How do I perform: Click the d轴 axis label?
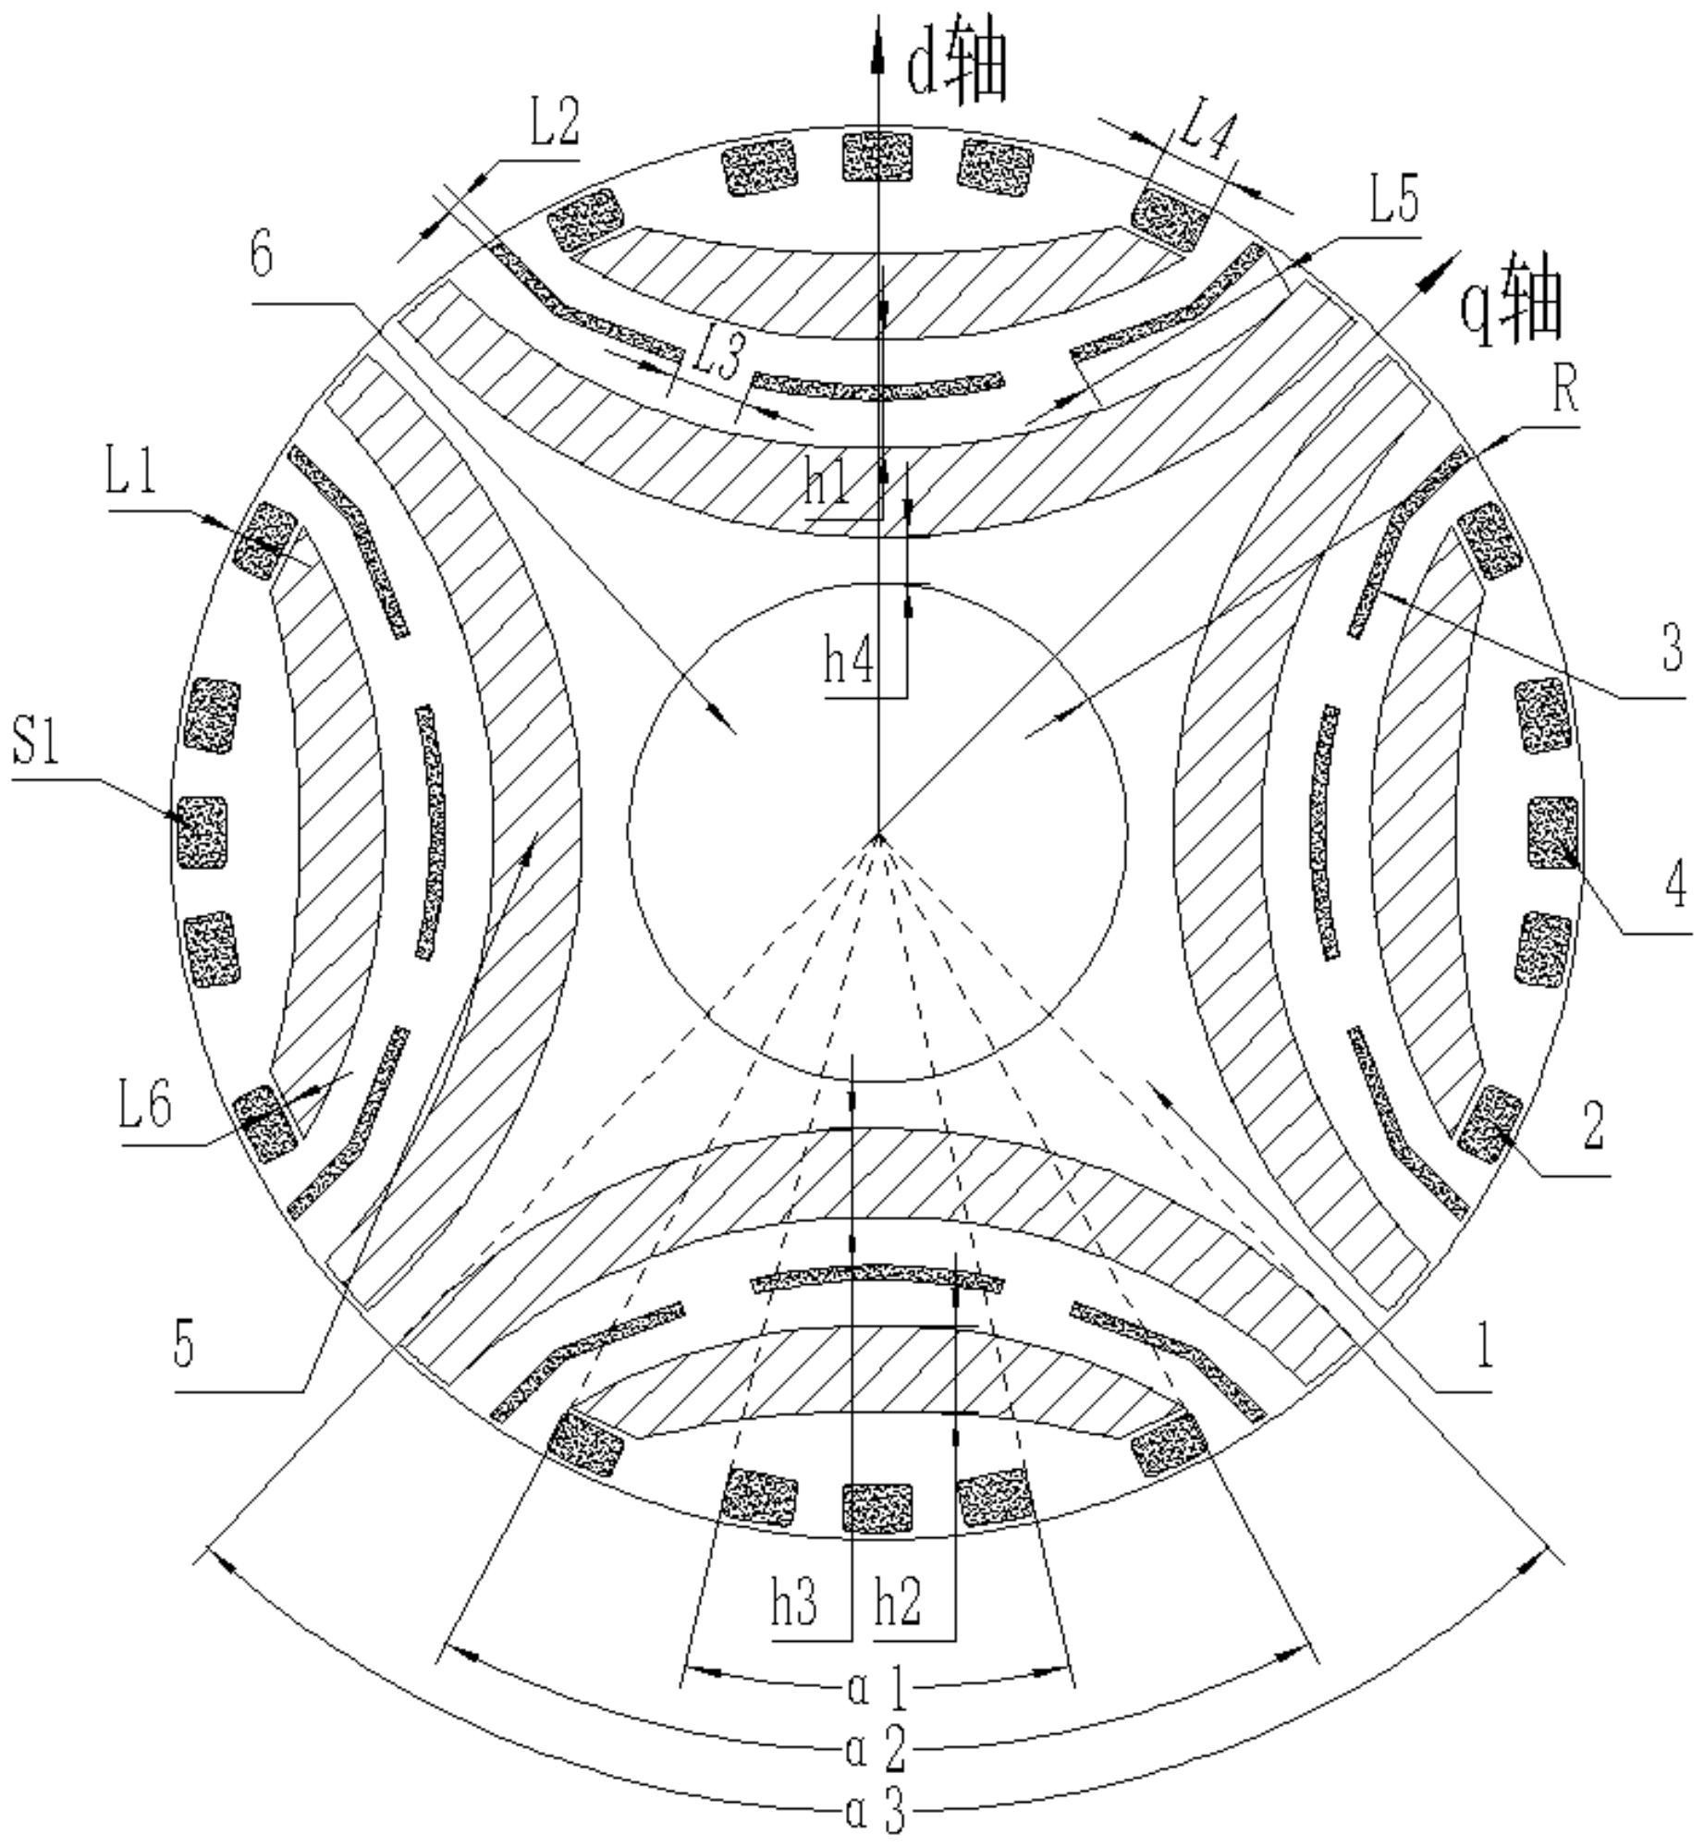coord(955,69)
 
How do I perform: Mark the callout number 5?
coord(184,1345)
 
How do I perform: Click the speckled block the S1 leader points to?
coord(202,832)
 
